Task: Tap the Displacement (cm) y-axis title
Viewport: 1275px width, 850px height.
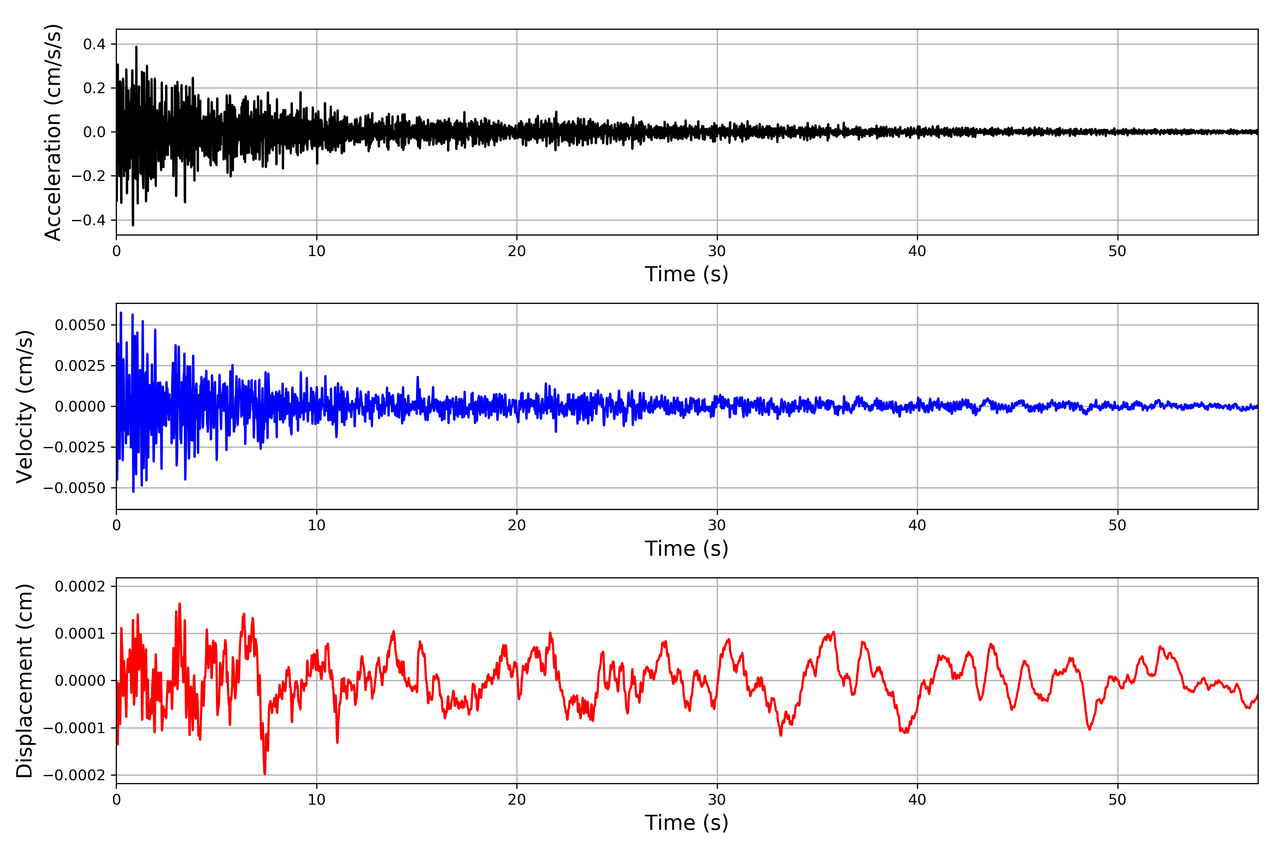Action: click(24, 680)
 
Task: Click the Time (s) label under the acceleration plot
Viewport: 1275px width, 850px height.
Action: click(686, 274)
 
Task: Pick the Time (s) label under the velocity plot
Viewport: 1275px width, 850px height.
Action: click(686, 549)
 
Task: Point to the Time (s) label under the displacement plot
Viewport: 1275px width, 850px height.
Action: click(686, 823)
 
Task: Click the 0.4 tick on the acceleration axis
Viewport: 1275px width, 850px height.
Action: click(94, 45)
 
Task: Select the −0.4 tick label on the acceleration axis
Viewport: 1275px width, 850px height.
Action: click(88, 220)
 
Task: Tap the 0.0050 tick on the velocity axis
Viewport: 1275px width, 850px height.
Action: click(80, 325)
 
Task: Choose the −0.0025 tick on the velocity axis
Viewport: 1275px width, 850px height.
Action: click(74, 447)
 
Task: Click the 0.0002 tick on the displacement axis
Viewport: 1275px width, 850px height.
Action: click(80, 586)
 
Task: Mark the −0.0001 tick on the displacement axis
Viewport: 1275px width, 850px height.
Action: click(74, 728)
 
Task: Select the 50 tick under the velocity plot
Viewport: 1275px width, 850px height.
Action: click(1117, 525)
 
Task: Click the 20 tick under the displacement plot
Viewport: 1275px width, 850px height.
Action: click(517, 800)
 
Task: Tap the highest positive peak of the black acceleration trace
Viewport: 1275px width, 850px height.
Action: click(136, 47)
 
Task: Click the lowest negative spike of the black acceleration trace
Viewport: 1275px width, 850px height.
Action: click(133, 225)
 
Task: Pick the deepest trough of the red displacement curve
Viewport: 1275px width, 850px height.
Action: click(265, 773)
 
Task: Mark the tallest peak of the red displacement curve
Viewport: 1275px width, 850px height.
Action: click(180, 603)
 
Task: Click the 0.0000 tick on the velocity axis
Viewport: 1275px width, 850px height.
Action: click(80, 407)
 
